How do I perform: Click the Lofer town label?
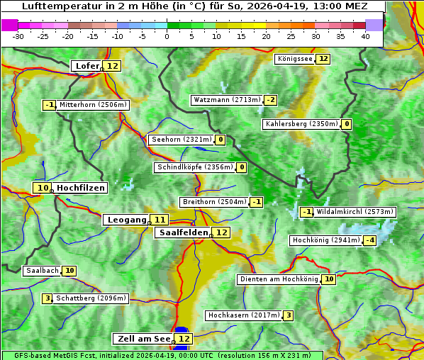(87, 66)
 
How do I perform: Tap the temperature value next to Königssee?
(323, 59)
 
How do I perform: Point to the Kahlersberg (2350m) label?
(301, 124)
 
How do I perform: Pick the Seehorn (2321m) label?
(182, 140)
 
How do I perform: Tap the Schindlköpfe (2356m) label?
(194, 167)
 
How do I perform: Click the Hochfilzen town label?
(81, 188)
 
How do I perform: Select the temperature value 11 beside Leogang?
(160, 220)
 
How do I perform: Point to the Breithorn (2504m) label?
(214, 202)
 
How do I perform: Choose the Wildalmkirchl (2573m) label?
(355, 211)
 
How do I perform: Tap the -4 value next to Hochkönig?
(369, 240)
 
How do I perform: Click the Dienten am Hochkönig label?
(278, 279)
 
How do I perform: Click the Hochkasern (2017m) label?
(243, 315)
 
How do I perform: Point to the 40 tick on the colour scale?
(365, 36)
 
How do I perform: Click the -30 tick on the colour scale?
(18, 36)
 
